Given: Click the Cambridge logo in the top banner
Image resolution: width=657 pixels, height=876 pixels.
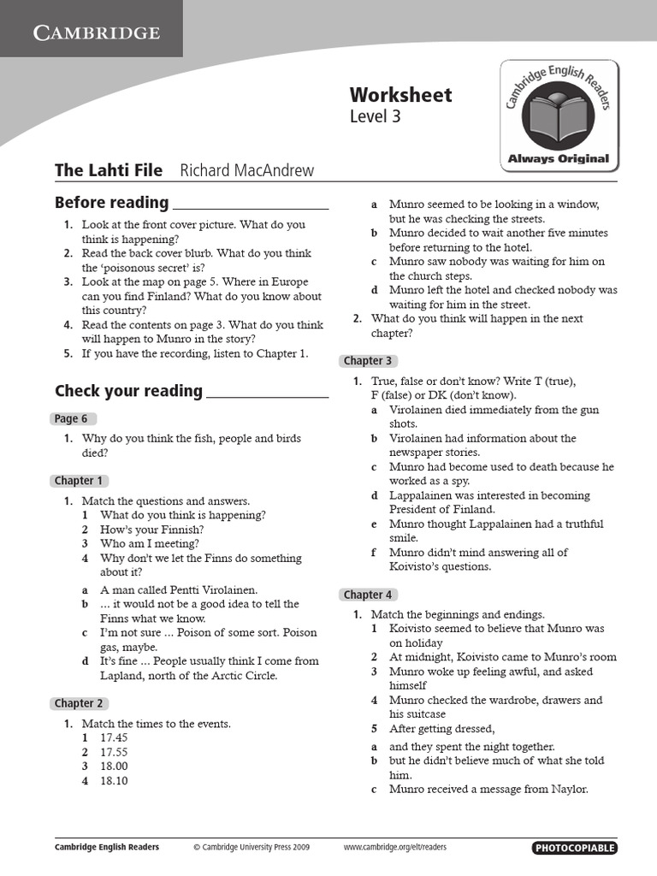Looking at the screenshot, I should pyautogui.click(x=96, y=33).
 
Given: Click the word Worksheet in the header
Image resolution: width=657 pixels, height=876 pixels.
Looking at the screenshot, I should pyautogui.click(x=400, y=94).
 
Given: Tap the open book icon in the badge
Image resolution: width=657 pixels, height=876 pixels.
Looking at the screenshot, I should pyautogui.click(x=558, y=119).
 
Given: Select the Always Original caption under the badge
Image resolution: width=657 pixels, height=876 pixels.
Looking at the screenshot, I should pyautogui.click(x=559, y=158).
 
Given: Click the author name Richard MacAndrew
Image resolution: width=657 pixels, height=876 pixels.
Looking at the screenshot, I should pyautogui.click(x=246, y=170).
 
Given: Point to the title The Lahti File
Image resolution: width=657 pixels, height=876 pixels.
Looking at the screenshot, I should pyautogui.click(x=109, y=170).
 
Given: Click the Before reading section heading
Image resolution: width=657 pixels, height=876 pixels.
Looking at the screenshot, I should pyautogui.click(x=112, y=203).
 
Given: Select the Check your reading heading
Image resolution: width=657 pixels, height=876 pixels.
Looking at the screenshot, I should pyautogui.click(x=128, y=391).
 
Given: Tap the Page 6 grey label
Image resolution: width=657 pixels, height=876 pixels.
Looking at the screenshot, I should pyautogui.click(x=72, y=418).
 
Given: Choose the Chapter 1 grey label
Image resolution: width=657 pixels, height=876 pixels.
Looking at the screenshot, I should pyautogui.click(x=79, y=481).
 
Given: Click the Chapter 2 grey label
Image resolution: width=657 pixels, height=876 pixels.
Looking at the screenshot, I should pyautogui.click(x=79, y=703).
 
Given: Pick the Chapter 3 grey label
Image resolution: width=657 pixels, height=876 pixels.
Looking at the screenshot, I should pyautogui.click(x=368, y=361).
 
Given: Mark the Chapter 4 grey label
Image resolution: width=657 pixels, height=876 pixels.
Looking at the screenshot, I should pyautogui.click(x=368, y=595).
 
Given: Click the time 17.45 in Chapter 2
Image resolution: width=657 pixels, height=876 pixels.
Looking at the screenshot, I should pyautogui.click(x=114, y=737).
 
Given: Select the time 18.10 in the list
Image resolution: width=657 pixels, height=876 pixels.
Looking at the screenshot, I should pyautogui.click(x=114, y=780).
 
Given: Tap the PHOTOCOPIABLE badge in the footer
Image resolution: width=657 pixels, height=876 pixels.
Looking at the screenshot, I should pyautogui.click(x=574, y=848).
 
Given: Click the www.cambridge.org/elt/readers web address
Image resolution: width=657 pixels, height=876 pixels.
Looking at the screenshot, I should pyautogui.click(x=394, y=848).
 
